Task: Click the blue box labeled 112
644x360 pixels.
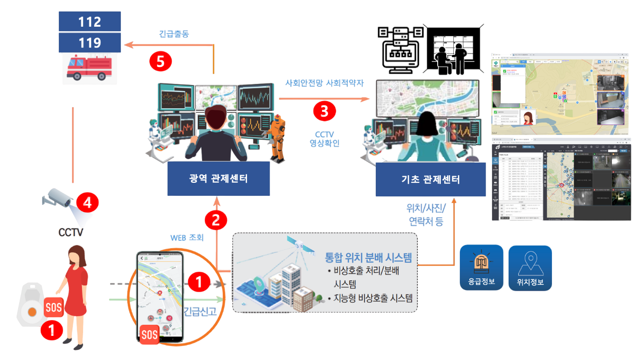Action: pyautogui.click(x=90, y=22)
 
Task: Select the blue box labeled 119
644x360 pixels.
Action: pyautogui.click(x=90, y=43)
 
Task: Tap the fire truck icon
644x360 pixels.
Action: pyautogui.click(x=90, y=69)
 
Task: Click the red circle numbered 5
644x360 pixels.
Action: pyautogui.click(x=160, y=61)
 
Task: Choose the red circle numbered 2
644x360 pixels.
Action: pyautogui.click(x=216, y=220)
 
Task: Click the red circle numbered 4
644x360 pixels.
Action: pyautogui.click(x=88, y=203)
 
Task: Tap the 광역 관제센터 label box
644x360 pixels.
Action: pyautogui.click(x=218, y=179)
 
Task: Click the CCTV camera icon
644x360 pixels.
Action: pyautogui.click(x=58, y=200)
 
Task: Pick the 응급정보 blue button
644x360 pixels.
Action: pyautogui.click(x=481, y=267)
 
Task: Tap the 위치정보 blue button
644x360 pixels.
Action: pyautogui.click(x=530, y=267)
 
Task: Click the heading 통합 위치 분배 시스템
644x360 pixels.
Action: pyautogui.click(x=368, y=258)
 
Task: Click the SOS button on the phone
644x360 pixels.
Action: pyautogui.click(x=149, y=334)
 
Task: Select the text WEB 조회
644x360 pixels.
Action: pyautogui.click(x=187, y=237)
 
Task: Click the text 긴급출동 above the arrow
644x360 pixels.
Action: pyautogui.click(x=174, y=34)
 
